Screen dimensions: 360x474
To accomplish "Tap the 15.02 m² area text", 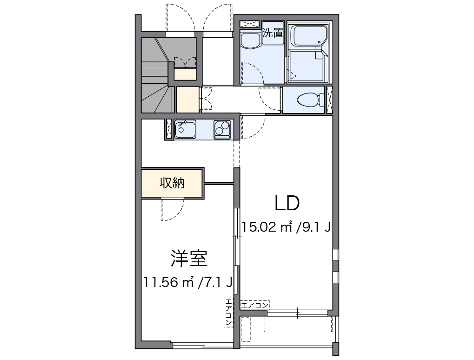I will (x=267, y=227).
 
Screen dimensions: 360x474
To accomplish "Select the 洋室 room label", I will (x=188, y=259).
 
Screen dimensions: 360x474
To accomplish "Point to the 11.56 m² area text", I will (x=169, y=282).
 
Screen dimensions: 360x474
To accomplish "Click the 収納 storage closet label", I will (x=172, y=183).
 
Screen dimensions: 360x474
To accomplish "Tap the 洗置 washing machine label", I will (x=273, y=33).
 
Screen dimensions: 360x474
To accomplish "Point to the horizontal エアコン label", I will (x=254, y=305).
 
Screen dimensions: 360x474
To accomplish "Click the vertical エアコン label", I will (x=228, y=312).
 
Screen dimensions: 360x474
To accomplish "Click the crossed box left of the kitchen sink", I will (x=168, y=130).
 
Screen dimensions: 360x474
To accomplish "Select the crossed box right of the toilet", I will (x=330, y=100).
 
